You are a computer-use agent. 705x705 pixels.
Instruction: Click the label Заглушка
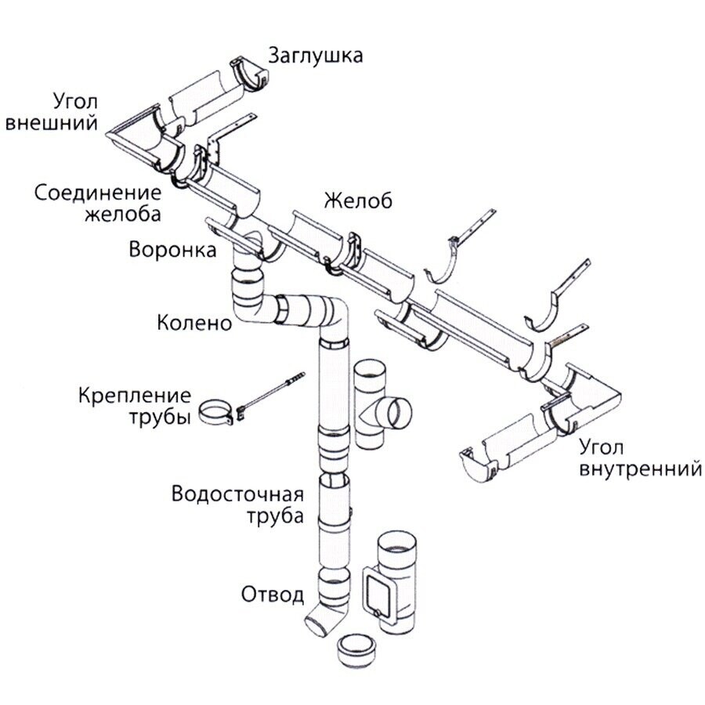[x=316, y=56]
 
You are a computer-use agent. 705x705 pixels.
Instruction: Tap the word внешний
[x=51, y=123]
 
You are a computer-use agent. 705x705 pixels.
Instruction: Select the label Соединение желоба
[x=98, y=203]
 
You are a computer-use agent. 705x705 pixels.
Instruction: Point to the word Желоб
[x=358, y=201]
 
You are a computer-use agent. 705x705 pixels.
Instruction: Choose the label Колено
[x=194, y=323]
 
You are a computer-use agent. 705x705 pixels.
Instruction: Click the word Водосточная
[x=237, y=495]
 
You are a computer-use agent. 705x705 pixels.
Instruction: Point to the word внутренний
[x=639, y=470]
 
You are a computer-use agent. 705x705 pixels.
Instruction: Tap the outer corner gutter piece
[x=141, y=145]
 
